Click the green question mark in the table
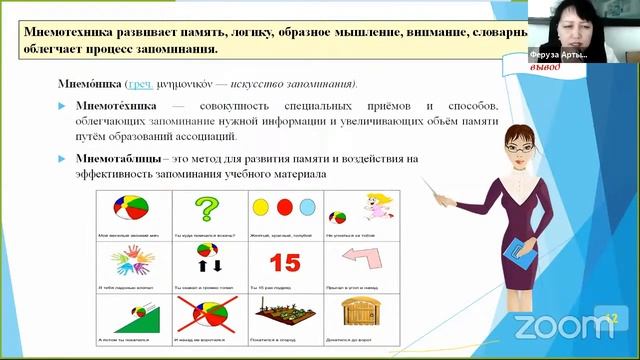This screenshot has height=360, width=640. pyautogui.click(x=207, y=210)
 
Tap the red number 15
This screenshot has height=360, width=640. pyautogui.click(x=285, y=263)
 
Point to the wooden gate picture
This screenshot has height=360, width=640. pyautogui.click(x=361, y=315)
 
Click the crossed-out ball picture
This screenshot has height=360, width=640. pyautogui.click(x=208, y=315)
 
